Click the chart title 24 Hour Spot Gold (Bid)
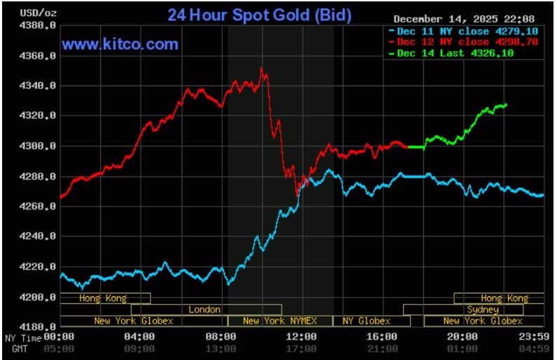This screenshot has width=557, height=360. (x=259, y=15)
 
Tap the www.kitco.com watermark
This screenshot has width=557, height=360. (x=120, y=44)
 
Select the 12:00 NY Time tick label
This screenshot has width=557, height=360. (x=301, y=337)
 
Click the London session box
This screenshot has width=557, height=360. (x=205, y=310)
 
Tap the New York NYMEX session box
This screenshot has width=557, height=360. (x=280, y=321)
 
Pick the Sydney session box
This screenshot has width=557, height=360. (x=482, y=310)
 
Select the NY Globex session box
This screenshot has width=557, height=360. (x=366, y=321)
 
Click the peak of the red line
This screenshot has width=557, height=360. (x=261, y=69)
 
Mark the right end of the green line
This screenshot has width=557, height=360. (x=506, y=105)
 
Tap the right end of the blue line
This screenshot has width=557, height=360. (x=543, y=195)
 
